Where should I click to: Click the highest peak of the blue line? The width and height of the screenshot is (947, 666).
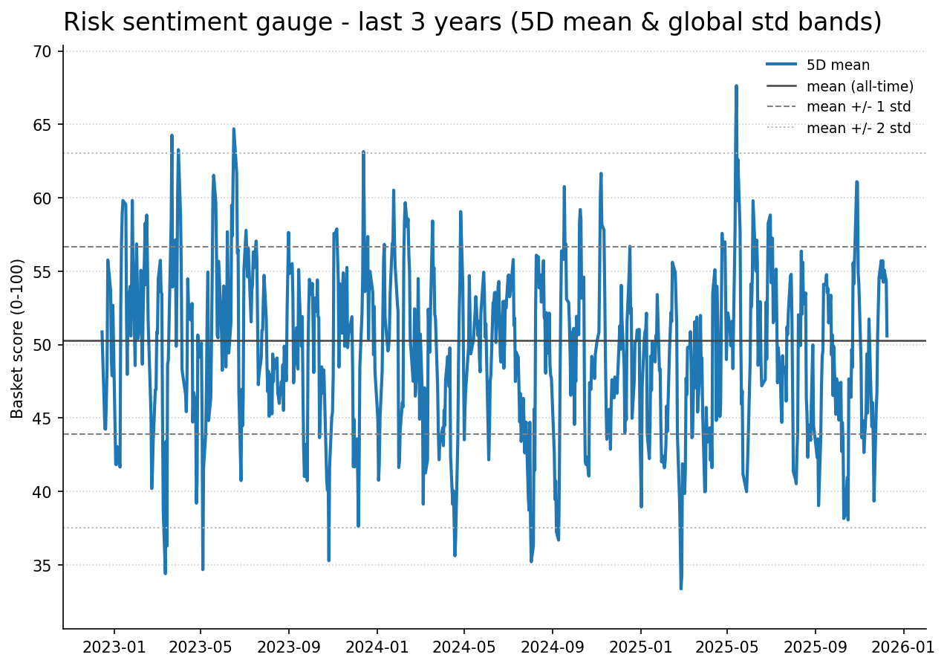pos(736,85)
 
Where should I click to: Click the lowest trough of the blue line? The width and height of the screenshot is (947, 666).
pos(680,589)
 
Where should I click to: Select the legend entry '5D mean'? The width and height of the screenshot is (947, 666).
pos(838,65)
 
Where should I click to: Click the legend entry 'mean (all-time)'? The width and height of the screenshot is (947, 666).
pos(859,86)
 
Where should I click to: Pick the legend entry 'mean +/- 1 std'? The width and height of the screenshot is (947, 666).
pos(859,107)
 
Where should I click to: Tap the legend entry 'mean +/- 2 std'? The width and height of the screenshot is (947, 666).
pos(859,128)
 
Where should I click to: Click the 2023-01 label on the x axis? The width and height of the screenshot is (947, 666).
pos(114,647)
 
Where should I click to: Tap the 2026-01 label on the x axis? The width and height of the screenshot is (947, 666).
pos(903,647)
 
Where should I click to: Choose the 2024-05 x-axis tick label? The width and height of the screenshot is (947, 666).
pos(464,647)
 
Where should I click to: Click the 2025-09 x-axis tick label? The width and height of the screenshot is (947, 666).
pos(815,647)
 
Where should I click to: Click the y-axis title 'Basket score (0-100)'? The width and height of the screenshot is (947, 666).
pos(18,338)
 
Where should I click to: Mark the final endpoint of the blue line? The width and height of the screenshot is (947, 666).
pos(887,336)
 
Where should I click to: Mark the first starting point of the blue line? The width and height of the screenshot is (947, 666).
pos(102,332)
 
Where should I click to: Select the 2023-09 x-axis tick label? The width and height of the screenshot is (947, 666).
pos(289,647)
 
